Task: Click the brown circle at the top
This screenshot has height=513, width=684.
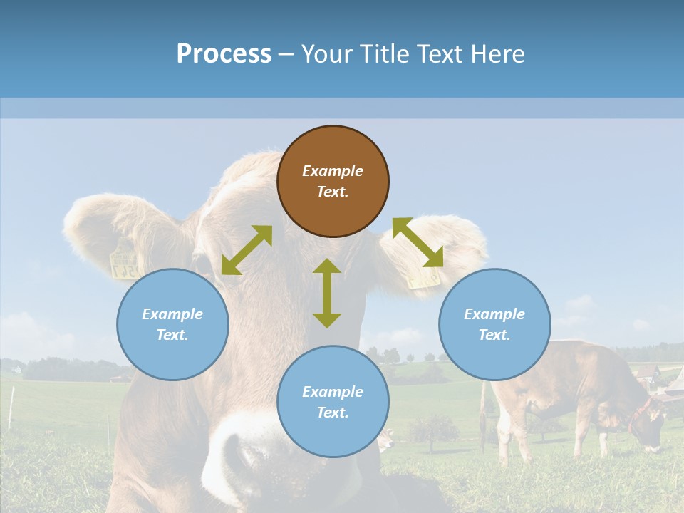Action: click(333, 181)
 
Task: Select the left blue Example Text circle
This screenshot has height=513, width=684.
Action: click(172, 324)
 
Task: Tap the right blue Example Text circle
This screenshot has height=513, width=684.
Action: click(494, 324)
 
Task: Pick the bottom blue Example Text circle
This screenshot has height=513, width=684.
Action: click(333, 402)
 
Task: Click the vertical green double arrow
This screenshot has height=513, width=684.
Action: click(327, 293)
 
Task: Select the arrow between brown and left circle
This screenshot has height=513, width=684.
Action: click(247, 250)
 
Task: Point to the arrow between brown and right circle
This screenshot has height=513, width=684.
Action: click(418, 242)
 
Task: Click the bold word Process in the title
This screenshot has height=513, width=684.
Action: click(224, 53)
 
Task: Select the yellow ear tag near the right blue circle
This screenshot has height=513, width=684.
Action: click(424, 277)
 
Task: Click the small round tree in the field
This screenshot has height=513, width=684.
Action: click(435, 429)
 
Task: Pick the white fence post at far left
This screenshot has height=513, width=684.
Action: click(12, 409)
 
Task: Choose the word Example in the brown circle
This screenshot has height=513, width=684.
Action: click(333, 171)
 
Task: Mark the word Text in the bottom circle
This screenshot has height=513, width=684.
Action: click(333, 413)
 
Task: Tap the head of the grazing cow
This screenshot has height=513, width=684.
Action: click(646, 427)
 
